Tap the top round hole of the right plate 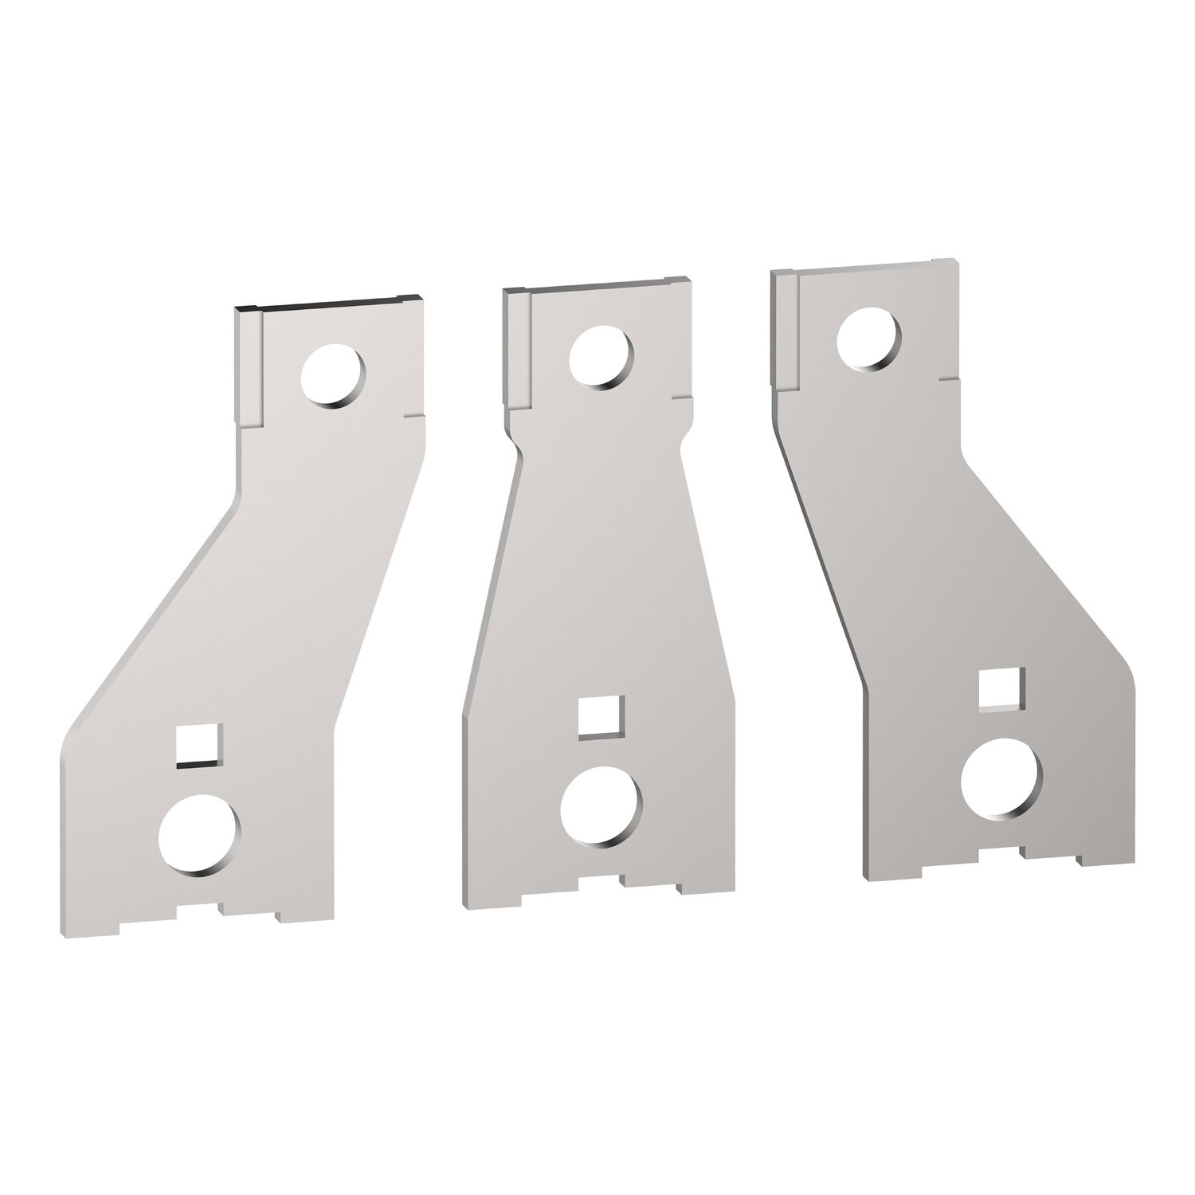(x=870, y=339)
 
